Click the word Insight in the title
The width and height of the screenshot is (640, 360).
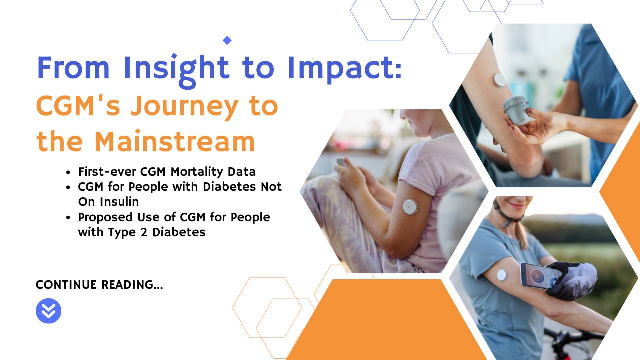coord(176,68)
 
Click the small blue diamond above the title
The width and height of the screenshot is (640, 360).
coord(227,40)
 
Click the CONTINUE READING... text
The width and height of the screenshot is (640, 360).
coord(99,285)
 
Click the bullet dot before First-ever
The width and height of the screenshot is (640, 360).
coord(68,172)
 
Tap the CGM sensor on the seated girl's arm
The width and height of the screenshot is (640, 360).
coord(410,206)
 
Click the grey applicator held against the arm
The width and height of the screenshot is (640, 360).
coord(516,110)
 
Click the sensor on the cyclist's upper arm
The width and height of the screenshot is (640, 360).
coord(501,275)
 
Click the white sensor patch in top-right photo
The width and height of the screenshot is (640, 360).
coord(499,80)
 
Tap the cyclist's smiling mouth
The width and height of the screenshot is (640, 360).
coord(513,206)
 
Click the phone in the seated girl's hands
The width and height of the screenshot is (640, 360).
coord(341,162)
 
